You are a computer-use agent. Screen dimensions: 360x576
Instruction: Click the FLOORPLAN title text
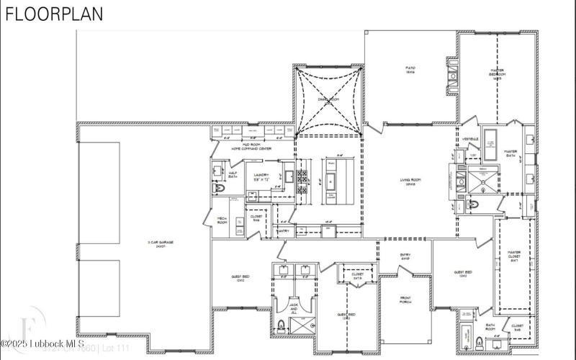tap(55, 14)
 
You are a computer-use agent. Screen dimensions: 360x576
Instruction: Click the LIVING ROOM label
tap(409, 182)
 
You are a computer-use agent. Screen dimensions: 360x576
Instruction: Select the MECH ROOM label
tap(223, 221)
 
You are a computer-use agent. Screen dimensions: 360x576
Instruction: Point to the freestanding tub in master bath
tap(492, 140)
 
